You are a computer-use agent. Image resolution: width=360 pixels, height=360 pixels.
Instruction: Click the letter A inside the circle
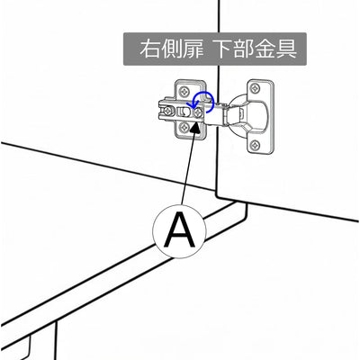click(179, 229)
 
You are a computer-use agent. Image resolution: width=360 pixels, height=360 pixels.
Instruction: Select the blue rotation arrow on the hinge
click(201, 103)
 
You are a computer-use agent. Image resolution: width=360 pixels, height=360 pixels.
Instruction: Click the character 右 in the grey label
click(149, 49)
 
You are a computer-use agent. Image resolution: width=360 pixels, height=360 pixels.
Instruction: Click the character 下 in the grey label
click(225, 49)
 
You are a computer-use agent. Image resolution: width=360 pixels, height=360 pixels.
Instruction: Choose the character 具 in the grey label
click(287, 49)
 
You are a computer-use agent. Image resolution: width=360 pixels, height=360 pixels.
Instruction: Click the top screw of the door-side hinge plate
click(256, 88)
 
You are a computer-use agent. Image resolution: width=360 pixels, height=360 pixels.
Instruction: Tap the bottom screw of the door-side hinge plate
click(256, 146)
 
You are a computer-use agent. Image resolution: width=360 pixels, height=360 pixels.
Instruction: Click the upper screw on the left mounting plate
click(184, 91)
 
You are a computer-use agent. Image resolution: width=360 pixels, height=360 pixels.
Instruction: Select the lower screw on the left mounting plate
click(184, 128)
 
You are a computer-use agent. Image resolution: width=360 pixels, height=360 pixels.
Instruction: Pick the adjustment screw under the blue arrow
click(198, 113)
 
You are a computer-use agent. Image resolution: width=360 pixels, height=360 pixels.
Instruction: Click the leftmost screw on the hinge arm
click(169, 112)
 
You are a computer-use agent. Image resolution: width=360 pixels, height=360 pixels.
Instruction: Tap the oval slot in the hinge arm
click(184, 112)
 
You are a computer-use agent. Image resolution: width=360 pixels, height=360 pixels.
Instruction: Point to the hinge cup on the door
click(246, 113)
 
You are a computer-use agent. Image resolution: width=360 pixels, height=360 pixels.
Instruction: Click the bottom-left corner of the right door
click(217, 197)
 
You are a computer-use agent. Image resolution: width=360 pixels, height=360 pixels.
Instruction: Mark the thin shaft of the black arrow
click(188, 169)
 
